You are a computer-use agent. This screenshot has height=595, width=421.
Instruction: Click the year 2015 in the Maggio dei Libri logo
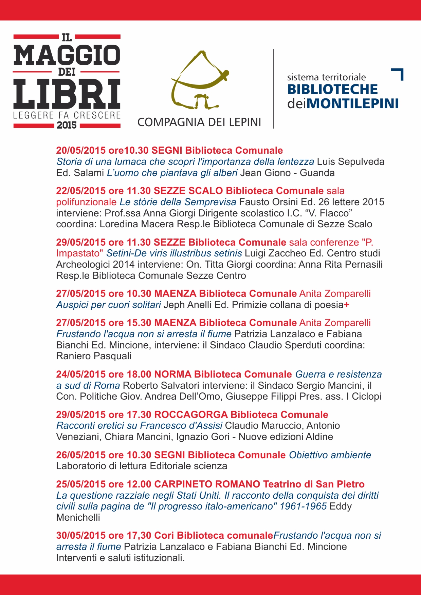(x=67, y=125)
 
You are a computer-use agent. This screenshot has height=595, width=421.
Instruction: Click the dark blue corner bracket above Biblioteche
(x=398, y=74)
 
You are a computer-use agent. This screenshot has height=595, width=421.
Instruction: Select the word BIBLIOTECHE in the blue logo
(x=332, y=89)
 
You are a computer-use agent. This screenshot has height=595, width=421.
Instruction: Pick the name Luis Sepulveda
(x=351, y=161)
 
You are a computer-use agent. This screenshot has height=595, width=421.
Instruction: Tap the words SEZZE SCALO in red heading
(x=188, y=191)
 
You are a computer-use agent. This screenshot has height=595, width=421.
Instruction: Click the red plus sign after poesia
(x=347, y=305)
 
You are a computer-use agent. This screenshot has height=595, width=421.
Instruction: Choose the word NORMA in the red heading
(x=173, y=374)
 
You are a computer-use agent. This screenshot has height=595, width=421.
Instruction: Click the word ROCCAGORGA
(x=191, y=415)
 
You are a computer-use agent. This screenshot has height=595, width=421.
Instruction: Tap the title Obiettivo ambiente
(x=330, y=455)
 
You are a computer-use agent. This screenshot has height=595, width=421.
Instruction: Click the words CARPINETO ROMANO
(x=207, y=484)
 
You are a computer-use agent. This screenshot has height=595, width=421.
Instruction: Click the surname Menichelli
(x=78, y=517)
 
